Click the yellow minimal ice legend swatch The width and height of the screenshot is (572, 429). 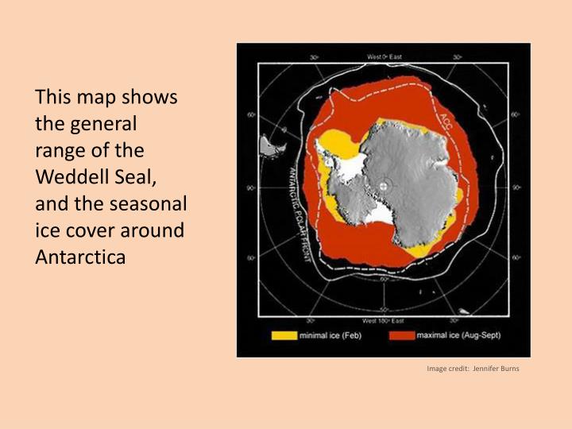coord(284,336)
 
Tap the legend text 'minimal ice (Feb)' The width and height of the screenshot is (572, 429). coord(330,336)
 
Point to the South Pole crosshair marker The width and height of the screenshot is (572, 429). coord(384,186)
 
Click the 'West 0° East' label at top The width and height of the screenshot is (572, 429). coord(385,56)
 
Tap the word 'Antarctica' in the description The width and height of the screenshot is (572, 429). coord(80,257)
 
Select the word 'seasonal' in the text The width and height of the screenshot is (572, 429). coord(153,204)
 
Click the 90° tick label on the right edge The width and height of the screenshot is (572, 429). coord(516,187)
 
